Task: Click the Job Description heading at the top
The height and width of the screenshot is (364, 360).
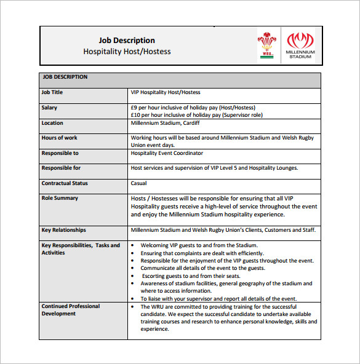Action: pyautogui.click(x=127, y=41)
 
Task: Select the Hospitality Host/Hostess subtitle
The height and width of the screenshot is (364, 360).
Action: pyautogui.click(x=127, y=52)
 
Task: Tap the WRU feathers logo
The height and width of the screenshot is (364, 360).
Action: pyautogui.click(x=267, y=45)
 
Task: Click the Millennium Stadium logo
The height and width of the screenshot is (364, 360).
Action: pyautogui.click(x=300, y=45)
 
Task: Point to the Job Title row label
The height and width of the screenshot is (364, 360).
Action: pyautogui.click(x=52, y=92)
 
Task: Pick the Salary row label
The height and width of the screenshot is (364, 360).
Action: pyautogui.click(x=49, y=108)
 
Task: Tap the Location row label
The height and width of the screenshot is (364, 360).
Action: pyautogui.click(x=52, y=123)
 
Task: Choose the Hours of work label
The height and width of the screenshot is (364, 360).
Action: pyautogui.click(x=60, y=138)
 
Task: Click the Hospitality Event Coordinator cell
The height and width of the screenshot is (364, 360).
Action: pyautogui.click(x=167, y=153)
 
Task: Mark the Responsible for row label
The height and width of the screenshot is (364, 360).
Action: pyautogui.click(x=61, y=168)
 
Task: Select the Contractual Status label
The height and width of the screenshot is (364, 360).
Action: pyautogui.click(x=65, y=183)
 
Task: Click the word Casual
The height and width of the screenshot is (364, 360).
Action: pyautogui.click(x=138, y=183)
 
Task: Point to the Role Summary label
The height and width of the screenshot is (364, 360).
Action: pyautogui.click(x=60, y=198)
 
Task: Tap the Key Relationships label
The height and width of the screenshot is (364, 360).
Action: pyautogui.click(x=64, y=230)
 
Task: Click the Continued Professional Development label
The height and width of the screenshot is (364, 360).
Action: pyautogui.click(x=71, y=310)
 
